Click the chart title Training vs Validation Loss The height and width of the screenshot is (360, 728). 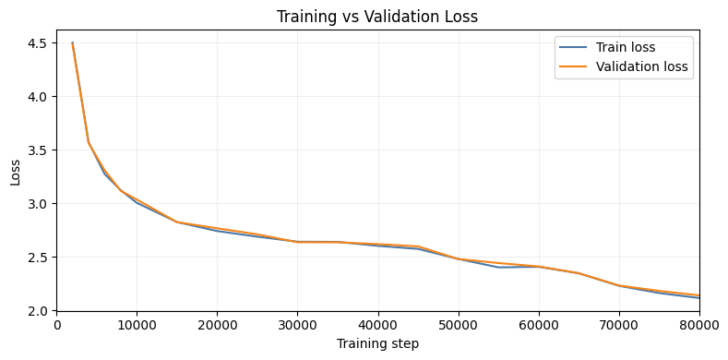pyautogui.click(x=377, y=16)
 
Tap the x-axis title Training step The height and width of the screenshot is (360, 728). pyautogui.click(x=377, y=343)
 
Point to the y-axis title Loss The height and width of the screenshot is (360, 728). pyautogui.click(x=16, y=171)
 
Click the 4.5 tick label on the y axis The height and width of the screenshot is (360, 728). pyautogui.click(x=38, y=42)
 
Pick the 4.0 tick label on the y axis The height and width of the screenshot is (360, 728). pyautogui.click(x=38, y=96)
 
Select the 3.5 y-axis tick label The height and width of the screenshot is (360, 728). pyautogui.click(x=38, y=150)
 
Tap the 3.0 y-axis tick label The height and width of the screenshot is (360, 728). pyautogui.click(x=38, y=203)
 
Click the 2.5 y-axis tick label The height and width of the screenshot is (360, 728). pyautogui.click(x=38, y=257)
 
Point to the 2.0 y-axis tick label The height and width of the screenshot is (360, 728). pyautogui.click(x=38, y=311)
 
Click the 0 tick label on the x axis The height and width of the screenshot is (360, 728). pyautogui.click(x=57, y=325)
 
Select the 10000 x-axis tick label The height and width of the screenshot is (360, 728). pyautogui.click(x=137, y=325)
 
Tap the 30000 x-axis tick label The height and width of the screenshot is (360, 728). pyautogui.click(x=297, y=325)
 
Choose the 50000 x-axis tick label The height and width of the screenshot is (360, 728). pyautogui.click(x=458, y=325)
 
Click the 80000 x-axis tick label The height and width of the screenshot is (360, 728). pyautogui.click(x=698, y=325)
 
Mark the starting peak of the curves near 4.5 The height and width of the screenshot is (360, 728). pyautogui.click(x=73, y=42)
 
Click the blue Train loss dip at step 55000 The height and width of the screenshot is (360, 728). pyautogui.click(x=498, y=268)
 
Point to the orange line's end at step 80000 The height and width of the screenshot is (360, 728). pyautogui.click(x=698, y=295)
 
